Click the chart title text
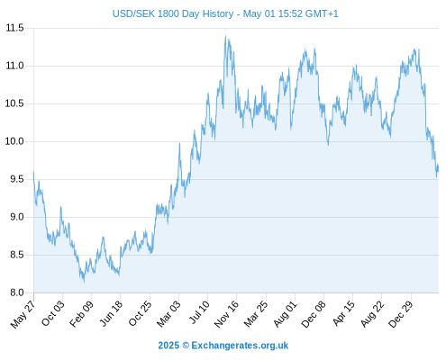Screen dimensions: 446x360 [x=225, y=13]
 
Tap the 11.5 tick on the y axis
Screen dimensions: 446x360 [x=14, y=28]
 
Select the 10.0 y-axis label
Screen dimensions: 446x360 [x=14, y=141]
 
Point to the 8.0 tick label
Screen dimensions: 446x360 [x=17, y=292]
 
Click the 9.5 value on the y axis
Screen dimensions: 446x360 [x=17, y=179]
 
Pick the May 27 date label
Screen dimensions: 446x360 [x=23, y=314]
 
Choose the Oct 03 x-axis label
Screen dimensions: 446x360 [x=53, y=313]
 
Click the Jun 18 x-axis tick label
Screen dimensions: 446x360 [x=111, y=313]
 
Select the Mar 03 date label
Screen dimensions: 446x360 [x=168, y=314]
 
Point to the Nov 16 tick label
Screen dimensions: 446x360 [x=226, y=314]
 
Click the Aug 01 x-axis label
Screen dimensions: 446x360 [x=286, y=314]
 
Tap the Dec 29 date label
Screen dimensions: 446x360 [x=401, y=314]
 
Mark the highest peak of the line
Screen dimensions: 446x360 [x=225, y=35]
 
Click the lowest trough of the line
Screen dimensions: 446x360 [x=84, y=283]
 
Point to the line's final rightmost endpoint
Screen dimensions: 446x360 [x=439, y=168]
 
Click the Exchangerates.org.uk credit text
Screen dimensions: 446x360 [x=240, y=346]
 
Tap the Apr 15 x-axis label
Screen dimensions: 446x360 [x=343, y=313]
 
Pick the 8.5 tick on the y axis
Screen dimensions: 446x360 [x=17, y=255]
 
